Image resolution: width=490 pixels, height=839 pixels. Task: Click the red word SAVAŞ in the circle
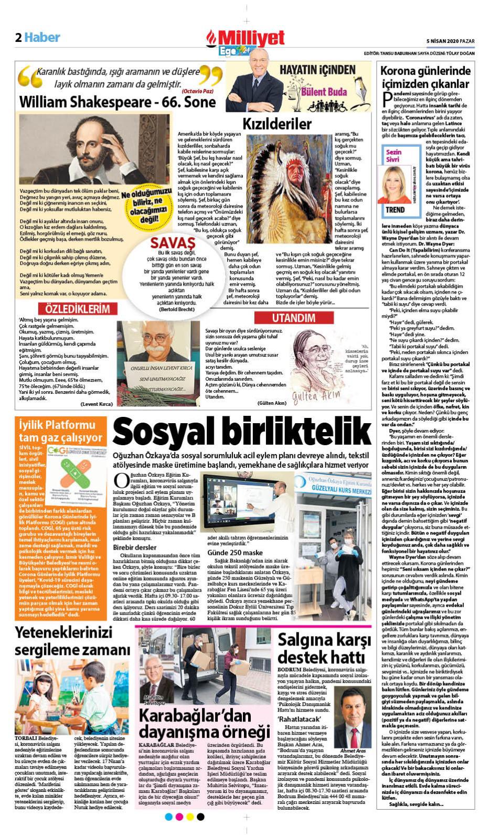173,242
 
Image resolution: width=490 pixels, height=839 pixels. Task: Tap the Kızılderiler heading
276,124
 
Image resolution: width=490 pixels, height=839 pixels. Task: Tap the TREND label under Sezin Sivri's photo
395,210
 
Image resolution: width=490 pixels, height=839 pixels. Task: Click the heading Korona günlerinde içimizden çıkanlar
424,77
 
